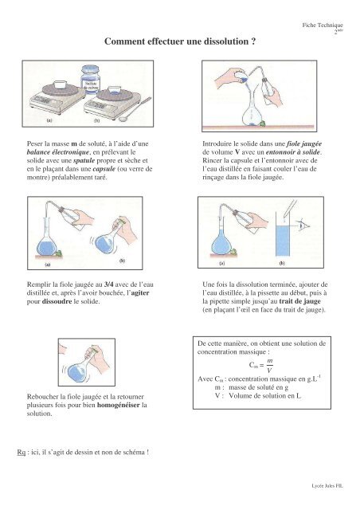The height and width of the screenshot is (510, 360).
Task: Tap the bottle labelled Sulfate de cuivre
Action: pyautogui.click(x=90, y=80)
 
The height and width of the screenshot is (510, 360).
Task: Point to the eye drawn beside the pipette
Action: pyautogui.click(x=304, y=226)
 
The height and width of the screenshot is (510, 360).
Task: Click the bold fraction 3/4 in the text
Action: pyautogui.click(x=109, y=284)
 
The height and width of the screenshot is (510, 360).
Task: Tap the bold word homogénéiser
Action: pyautogui.click(x=119, y=405)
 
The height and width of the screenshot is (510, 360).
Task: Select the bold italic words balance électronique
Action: pyautogui.click(x=58, y=152)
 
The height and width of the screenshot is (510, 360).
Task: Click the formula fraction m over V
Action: pyautogui.click(x=269, y=366)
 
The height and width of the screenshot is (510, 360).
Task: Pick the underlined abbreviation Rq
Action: pyautogui.click(x=22, y=452)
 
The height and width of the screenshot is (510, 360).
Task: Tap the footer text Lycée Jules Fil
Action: pyautogui.click(x=327, y=486)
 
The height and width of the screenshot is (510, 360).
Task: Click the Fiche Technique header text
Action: pyautogui.click(x=323, y=25)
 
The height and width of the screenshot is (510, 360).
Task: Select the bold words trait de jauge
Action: pyautogui.click(x=299, y=301)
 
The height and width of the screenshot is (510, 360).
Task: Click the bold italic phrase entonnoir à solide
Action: pyautogui.click(x=293, y=152)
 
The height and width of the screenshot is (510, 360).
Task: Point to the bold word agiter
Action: pyautogui.click(x=140, y=292)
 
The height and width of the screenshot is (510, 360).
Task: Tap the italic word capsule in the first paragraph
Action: pyautogui.click(x=104, y=169)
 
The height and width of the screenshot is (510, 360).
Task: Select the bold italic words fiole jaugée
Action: pyautogui.click(x=304, y=143)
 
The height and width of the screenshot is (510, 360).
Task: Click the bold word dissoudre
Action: pyautogui.click(x=57, y=301)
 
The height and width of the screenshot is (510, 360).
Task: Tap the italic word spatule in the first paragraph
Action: pyautogui.click(x=84, y=160)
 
